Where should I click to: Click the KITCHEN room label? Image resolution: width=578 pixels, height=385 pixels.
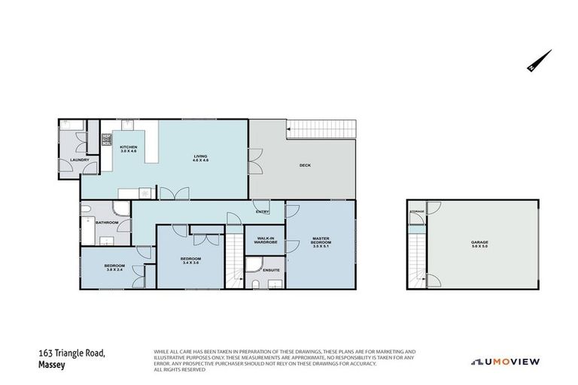[127, 147]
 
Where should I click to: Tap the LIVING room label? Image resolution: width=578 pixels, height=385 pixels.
[200, 156]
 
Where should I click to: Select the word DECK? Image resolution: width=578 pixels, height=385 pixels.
[305, 165]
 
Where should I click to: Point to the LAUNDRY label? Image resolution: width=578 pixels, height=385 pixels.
[80, 160]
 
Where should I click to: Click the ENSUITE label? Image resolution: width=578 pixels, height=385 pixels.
[272, 270]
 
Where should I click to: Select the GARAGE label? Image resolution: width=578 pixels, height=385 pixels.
[479, 243]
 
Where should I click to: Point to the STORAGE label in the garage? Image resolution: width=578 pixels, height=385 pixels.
[417, 212]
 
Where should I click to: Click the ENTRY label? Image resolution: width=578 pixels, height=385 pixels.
[262, 212]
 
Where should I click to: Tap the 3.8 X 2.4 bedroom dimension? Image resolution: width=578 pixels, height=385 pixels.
[114, 269]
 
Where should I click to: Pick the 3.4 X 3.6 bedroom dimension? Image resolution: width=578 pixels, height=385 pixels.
[190, 263]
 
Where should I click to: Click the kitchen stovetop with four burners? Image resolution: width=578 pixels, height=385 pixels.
[107, 139]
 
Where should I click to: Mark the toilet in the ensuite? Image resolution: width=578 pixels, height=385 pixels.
[255, 283]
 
